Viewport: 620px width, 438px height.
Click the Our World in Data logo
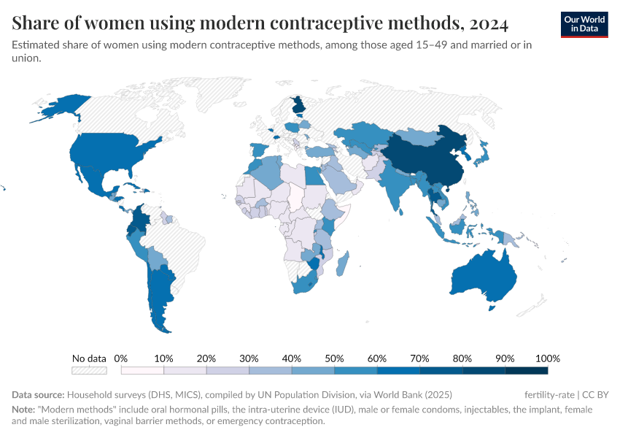[x=584, y=23]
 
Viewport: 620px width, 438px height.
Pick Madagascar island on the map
[x=344, y=264]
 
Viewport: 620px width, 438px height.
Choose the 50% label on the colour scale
[x=334, y=358]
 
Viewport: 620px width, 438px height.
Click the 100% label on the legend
[x=547, y=358]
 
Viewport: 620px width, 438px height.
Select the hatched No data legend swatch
[x=89, y=370]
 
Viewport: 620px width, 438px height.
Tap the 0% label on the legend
[x=121, y=358]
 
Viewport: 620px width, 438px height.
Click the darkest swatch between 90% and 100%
[x=526, y=370]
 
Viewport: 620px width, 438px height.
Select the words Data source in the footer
[x=38, y=394]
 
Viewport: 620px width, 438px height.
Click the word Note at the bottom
[x=23, y=410]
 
